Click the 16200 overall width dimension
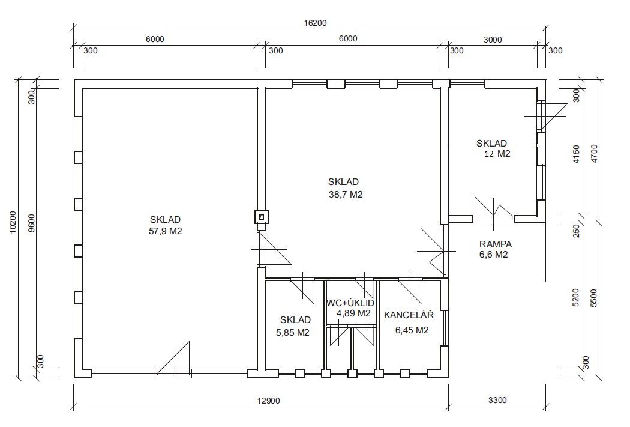pos(315,23)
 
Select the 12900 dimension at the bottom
pos(268,401)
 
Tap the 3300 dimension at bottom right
pos(497,400)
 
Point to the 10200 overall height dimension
pos(13,222)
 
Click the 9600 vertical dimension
pos(32,223)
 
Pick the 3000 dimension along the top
pos(493,40)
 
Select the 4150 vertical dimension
pos(576,154)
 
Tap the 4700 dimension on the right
pos(595,153)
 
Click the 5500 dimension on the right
pos(595,298)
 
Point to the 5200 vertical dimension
pos(576,298)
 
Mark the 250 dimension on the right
pos(576,231)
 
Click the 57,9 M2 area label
pos(166,232)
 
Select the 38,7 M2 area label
pos(346,195)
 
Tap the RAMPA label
pos(496,244)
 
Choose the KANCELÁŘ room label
pos(409,315)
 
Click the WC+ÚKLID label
pos(350,303)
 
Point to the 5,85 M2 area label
pos(293,333)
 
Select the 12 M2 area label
pos(497,154)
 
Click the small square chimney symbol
pos(262,217)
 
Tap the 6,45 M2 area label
pos(412,330)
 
